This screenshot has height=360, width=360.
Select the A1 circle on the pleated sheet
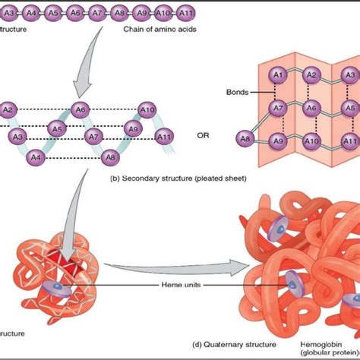point(278,75)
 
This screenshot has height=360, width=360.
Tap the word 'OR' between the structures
point(203,137)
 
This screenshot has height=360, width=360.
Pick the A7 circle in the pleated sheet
point(278,109)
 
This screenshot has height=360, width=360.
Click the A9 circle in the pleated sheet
point(278,141)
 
